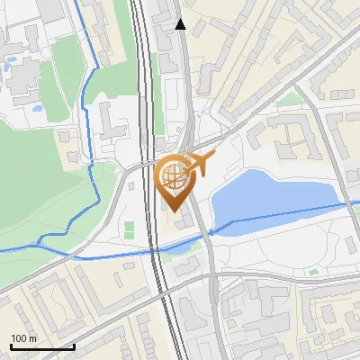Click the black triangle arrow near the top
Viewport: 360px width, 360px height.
(182, 25)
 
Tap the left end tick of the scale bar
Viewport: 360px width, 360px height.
(12, 346)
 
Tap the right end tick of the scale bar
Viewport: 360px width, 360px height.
(74, 346)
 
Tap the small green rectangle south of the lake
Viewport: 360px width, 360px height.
(312, 271)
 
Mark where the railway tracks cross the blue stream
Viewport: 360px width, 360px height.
(158, 254)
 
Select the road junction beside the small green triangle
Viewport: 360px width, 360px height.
(301, 94)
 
